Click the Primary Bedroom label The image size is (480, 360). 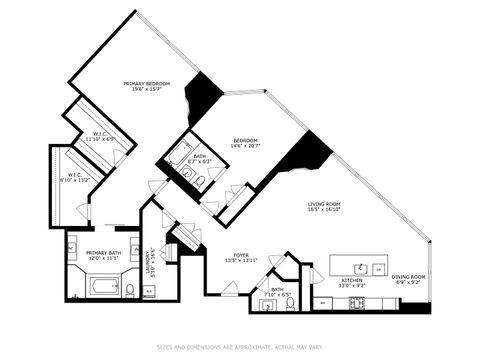(x=146, y=83)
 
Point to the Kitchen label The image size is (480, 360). (x=352, y=280)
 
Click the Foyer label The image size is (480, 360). (x=241, y=255)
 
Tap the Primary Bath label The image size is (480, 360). (x=103, y=253)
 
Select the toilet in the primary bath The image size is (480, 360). (x=130, y=290)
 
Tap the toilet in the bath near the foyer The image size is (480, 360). (x=289, y=303)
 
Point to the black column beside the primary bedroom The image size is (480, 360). (x=205, y=96)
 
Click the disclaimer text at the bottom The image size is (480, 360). (x=240, y=348)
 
